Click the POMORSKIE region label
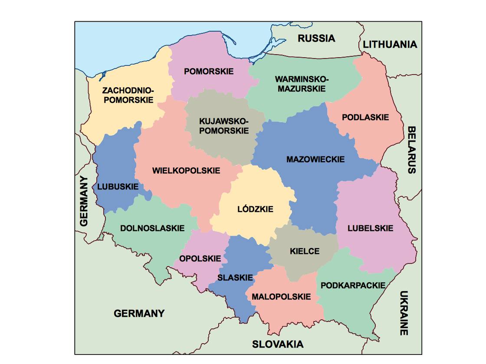[x=209, y=71]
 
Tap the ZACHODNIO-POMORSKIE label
[x=128, y=95]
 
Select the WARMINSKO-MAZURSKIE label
[x=302, y=84]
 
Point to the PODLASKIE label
[x=365, y=117]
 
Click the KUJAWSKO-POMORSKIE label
[x=224, y=126]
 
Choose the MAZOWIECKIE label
[x=315, y=159]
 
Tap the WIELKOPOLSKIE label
[x=186, y=171]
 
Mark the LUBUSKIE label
[x=118, y=187]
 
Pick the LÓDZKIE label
[x=256, y=209]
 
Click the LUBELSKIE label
[x=370, y=228]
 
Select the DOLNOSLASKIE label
[x=152, y=228]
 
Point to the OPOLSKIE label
[x=200, y=259]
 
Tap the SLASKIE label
[x=235, y=278]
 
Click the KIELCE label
[x=305, y=251]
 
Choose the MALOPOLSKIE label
[x=282, y=297]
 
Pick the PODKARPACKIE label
[x=353, y=286]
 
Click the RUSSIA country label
[x=316, y=39]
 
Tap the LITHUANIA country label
[x=390, y=44]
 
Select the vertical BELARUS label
[x=411, y=150]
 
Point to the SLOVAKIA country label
[x=278, y=345]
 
